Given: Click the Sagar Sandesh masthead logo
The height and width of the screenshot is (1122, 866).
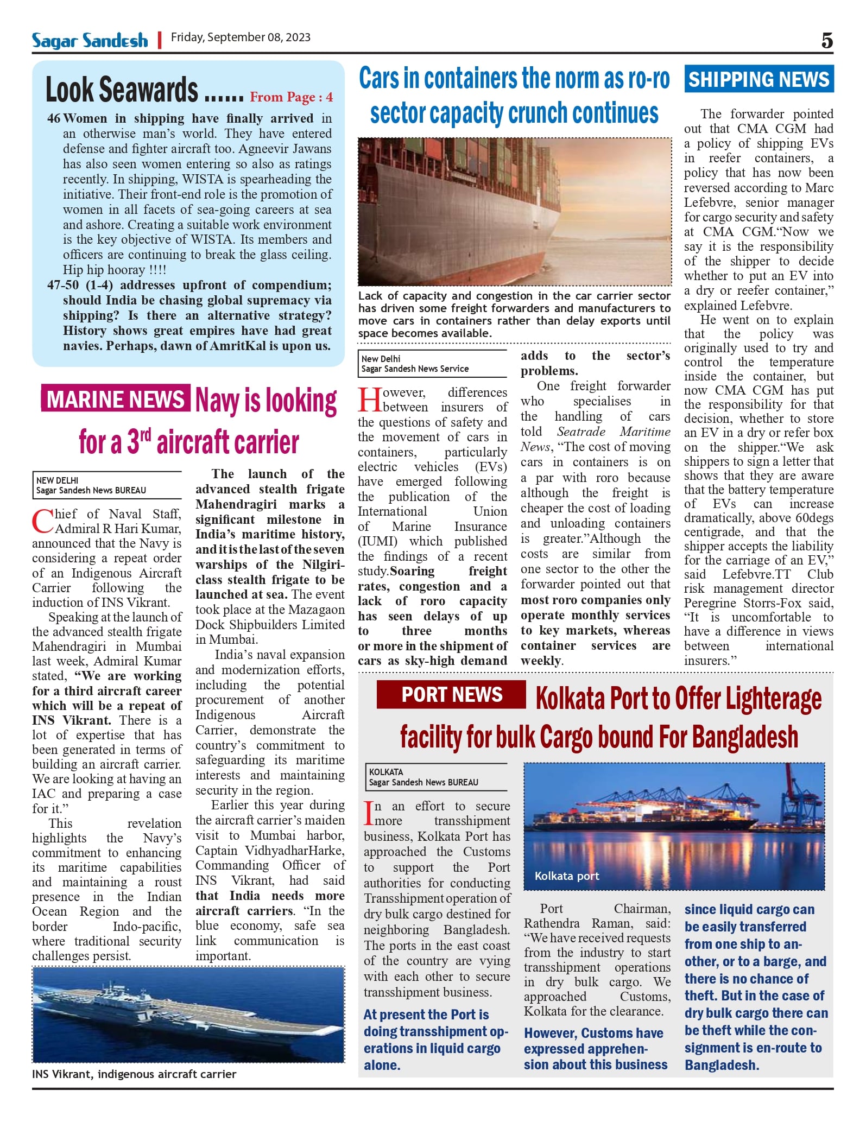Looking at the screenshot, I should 90,40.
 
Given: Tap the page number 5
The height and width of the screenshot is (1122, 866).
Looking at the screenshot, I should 826,40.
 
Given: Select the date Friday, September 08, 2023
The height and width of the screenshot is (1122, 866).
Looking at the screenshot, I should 241,37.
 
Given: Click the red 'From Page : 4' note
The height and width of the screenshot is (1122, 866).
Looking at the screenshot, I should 291,97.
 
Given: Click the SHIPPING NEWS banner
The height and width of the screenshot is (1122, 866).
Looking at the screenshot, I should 758,79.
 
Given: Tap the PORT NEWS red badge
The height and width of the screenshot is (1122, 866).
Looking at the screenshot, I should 452,694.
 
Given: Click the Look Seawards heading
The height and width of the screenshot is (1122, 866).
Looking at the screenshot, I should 122,90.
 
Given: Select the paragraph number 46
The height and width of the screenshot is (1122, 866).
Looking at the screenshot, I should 54,118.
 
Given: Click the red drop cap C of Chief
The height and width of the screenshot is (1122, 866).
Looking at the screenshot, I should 42,521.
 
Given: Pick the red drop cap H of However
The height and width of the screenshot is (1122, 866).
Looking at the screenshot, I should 369,400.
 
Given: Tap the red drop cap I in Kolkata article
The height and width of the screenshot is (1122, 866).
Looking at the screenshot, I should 369,813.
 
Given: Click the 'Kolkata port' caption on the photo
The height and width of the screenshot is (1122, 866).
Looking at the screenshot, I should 566,876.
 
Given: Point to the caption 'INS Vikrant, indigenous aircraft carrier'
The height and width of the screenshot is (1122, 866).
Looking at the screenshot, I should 134,1074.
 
